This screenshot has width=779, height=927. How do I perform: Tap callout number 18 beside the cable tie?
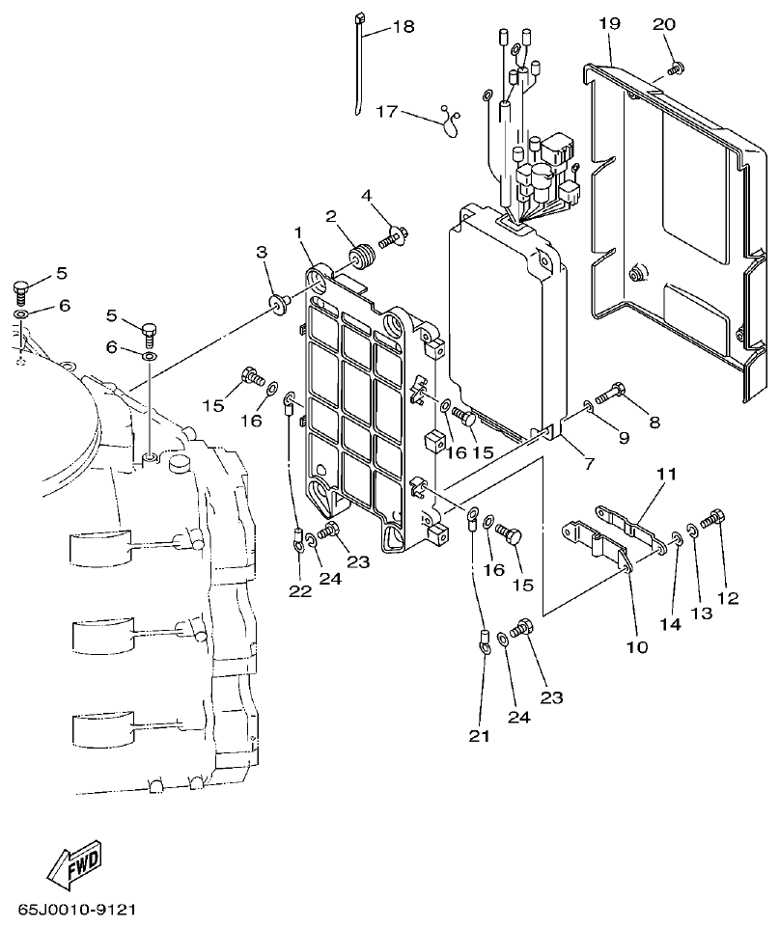pos(403,27)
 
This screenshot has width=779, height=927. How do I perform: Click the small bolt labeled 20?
pos(676,68)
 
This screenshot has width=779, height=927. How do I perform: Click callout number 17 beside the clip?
pos(387,112)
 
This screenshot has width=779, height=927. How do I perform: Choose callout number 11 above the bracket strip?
pos(666,475)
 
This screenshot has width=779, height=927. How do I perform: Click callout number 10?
pos(637,646)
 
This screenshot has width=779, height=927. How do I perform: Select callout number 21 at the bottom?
pos(480,736)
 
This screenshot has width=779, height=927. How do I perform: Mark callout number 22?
pos(300,590)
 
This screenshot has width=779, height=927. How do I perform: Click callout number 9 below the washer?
pos(623,438)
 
